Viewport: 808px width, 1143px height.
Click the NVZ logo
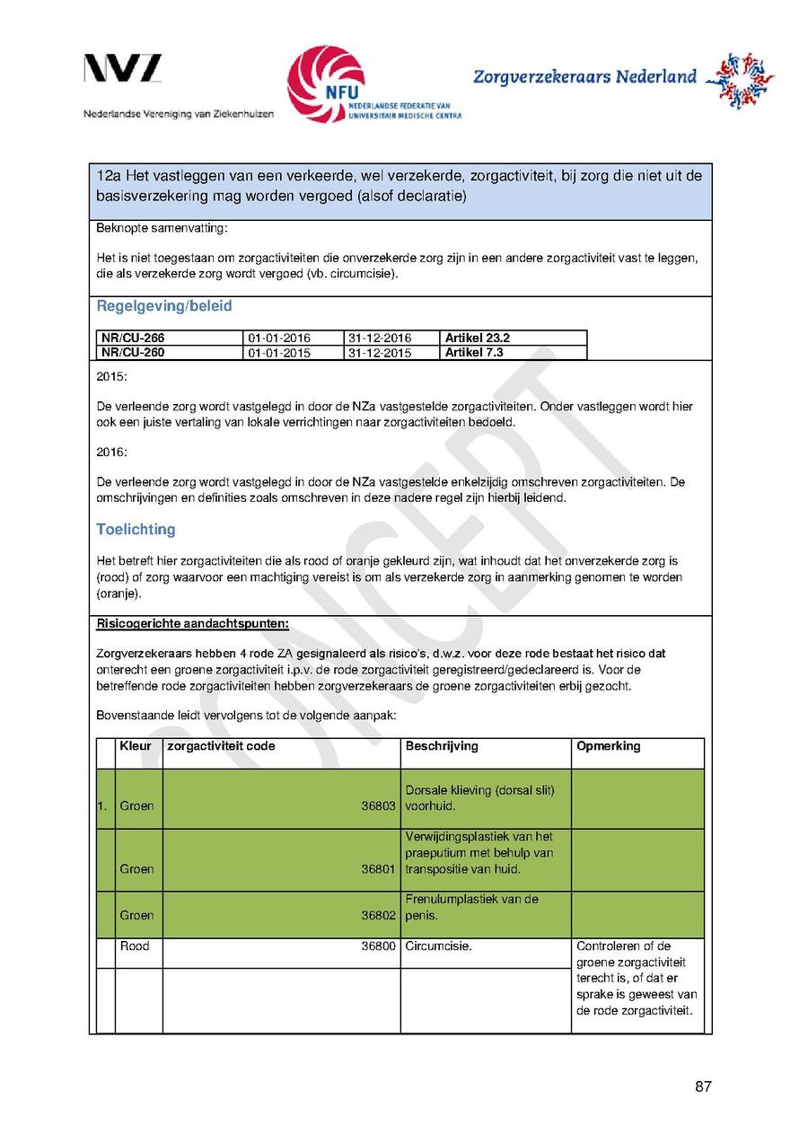pyautogui.click(x=123, y=69)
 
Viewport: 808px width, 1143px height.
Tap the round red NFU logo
pyautogui.click(x=326, y=84)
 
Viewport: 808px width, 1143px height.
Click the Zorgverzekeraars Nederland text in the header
pyautogui.click(x=584, y=77)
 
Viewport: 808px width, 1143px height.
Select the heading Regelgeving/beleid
pyautogui.click(x=164, y=306)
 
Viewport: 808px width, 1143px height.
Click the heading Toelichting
pyautogui.click(x=136, y=530)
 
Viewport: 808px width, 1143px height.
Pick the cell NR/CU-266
pyautogui.click(x=133, y=338)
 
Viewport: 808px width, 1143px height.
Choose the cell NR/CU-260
pyautogui.click(x=133, y=353)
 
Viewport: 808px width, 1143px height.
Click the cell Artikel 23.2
pyautogui.click(x=478, y=338)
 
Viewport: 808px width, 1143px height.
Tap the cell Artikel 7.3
pyautogui.click(x=474, y=353)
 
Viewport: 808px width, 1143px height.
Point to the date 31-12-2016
pyautogui.click(x=379, y=339)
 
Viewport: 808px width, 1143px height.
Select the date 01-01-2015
pyautogui.click(x=279, y=353)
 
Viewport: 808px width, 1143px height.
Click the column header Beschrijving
pyautogui.click(x=442, y=746)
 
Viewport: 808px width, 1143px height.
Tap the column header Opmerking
pyautogui.click(x=609, y=746)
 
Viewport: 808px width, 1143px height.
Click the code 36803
pyautogui.click(x=378, y=806)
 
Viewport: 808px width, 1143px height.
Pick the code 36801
pyautogui.click(x=378, y=869)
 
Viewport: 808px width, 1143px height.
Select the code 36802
pyautogui.click(x=378, y=916)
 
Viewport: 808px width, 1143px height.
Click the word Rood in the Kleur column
pyautogui.click(x=135, y=946)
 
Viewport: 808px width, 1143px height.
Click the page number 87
pyautogui.click(x=703, y=1087)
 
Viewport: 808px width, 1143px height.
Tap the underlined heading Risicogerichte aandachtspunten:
pyautogui.click(x=192, y=623)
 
